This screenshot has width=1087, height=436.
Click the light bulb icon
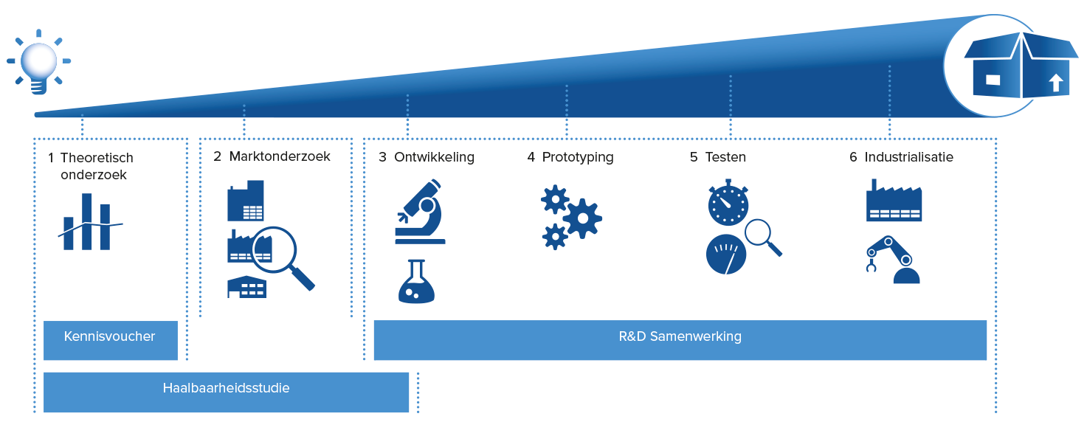tap(39, 62)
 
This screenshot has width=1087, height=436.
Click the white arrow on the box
tap(1056, 83)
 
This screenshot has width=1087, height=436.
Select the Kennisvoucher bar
tap(111, 340)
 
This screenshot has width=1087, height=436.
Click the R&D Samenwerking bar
tap(680, 340)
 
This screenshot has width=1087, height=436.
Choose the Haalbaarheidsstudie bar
tap(226, 392)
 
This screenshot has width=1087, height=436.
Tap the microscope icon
tap(420, 212)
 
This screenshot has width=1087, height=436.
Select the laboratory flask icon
tap(416, 281)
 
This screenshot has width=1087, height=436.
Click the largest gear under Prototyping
tap(582, 218)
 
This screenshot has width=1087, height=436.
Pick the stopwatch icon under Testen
tap(728, 203)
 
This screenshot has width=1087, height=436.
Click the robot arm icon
tap(893, 260)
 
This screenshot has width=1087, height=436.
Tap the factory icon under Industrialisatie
tap(894, 201)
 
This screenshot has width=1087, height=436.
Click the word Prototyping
tap(578, 158)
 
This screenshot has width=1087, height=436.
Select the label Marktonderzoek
tap(280, 156)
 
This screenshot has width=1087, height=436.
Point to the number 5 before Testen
tap(694, 157)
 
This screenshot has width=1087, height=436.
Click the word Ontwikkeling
tap(434, 158)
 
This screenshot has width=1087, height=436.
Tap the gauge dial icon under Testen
tap(726, 254)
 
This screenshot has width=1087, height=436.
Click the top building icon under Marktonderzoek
tap(246, 201)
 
